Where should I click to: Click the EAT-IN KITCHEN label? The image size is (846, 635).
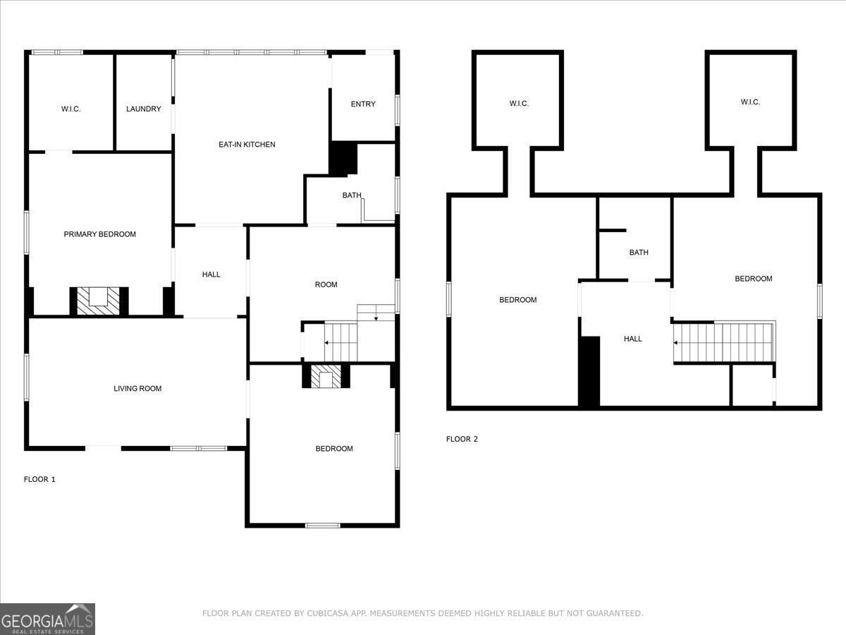click(x=247, y=145)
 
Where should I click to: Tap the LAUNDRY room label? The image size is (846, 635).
click(x=144, y=109)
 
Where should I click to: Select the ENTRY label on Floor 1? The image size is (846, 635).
click(x=363, y=104)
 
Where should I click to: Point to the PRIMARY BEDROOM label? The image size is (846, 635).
click(x=100, y=234)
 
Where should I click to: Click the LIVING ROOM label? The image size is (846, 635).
click(x=137, y=389)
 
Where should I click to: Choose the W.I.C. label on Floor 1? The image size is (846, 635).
click(x=70, y=109)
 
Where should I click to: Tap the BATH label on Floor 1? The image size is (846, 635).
click(x=352, y=195)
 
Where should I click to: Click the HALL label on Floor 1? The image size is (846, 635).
click(x=211, y=274)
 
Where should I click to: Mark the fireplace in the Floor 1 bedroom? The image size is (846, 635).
click(x=326, y=377)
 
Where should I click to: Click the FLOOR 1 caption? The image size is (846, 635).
click(x=39, y=480)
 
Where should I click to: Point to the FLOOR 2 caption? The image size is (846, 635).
click(x=462, y=440)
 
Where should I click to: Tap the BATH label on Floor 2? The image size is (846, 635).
click(x=639, y=253)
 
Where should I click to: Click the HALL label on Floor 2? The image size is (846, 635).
click(x=633, y=339)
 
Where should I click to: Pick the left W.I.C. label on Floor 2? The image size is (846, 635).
click(x=519, y=104)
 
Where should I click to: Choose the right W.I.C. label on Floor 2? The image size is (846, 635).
click(x=750, y=102)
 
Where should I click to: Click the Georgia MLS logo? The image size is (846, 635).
click(x=47, y=619)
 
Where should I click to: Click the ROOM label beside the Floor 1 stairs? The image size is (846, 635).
click(x=326, y=285)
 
